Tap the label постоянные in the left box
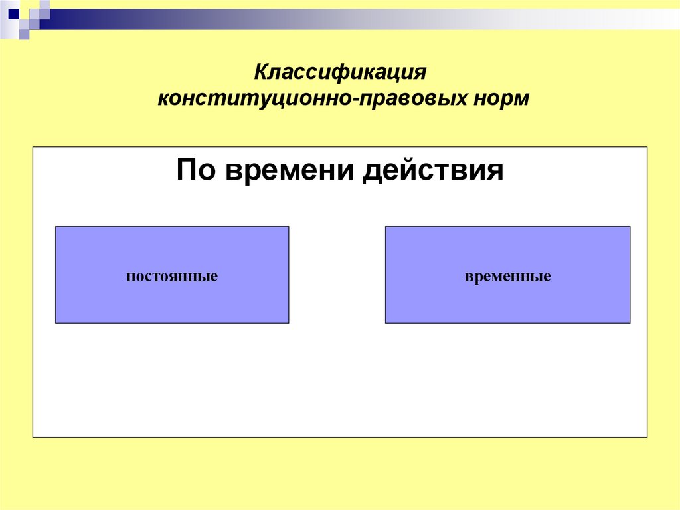click(172, 275)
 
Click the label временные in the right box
click(508, 275)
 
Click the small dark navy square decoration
click(13, 13)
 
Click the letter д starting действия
click(373, 171)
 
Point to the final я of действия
click(497, 171)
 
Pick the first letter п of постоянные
click(129, 276)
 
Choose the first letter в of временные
click(468, 276)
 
